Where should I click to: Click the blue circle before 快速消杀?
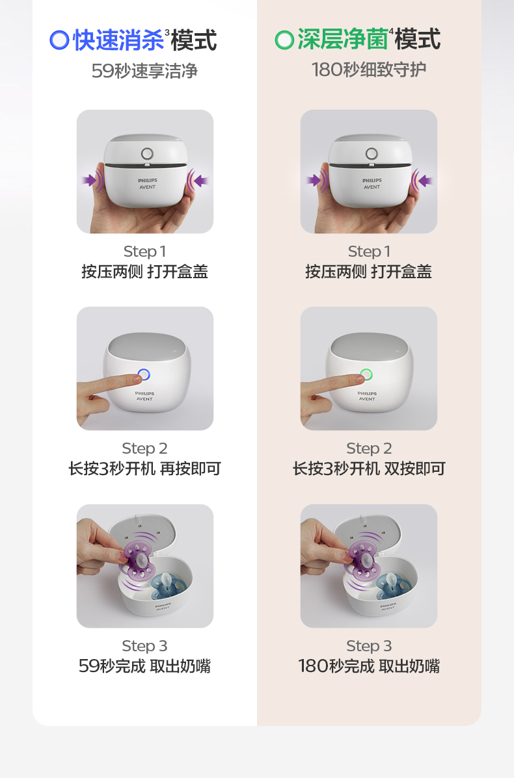(x=60, y=40)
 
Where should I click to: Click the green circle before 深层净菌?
(x=284, y=40)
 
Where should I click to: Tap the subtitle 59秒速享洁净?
(x=144, y=71)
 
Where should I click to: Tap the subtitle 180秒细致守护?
(x=369, y=70)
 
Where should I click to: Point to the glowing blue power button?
(x=144, y=374)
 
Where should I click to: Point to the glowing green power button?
(x=366, y=374)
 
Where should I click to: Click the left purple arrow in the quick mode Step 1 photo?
(x=89, y=179)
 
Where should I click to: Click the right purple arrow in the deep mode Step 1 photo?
(x=426, y=181)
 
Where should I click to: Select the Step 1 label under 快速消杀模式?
(x=144, y=252)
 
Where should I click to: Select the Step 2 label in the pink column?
(x=369, y=448)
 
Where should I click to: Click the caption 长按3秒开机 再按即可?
(x=144, y=469)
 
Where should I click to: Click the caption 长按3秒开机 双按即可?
(x=369, y=469)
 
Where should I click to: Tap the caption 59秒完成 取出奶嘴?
(x=144, y=666)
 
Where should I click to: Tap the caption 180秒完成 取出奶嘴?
(x=369, y=666)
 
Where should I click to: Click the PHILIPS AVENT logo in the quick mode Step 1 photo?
(x=148, y=183)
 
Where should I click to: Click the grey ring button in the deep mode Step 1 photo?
(x=372, y=153)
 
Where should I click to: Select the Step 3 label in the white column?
(x=144, y=646)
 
